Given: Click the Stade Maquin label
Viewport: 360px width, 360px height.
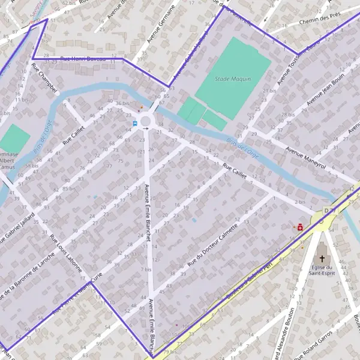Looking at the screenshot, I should [233, 79].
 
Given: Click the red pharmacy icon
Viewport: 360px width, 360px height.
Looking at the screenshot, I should [298, 227].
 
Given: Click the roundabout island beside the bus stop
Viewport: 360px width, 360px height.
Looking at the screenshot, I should [146, 122].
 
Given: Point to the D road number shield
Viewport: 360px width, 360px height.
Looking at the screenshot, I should [326, 211].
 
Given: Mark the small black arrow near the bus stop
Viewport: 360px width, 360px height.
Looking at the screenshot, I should [145, 128].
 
